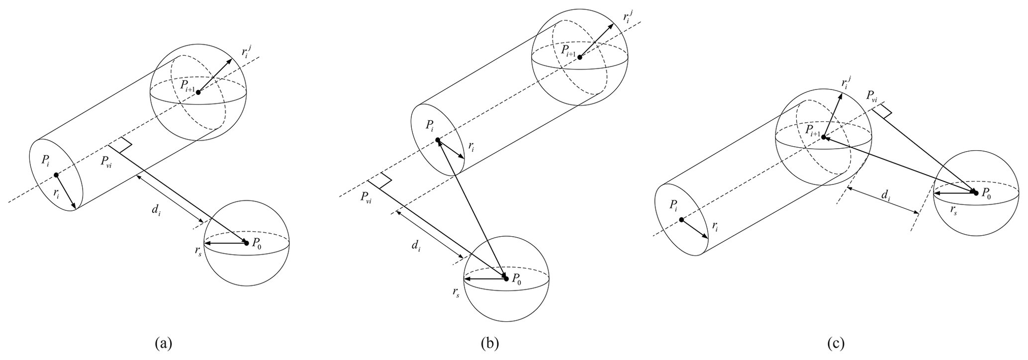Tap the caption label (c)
click(x=836, y=343)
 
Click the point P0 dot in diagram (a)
click(x=247, y=243)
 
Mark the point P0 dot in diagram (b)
click(x=506, y=278)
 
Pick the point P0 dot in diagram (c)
click(x=975, y=192)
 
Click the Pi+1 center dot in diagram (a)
click(x=198, y=92)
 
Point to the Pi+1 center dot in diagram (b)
click(x=579, y=57)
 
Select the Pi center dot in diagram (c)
click(x=681, y=220)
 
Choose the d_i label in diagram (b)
click(x=416, y=245)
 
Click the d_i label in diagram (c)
click(x=886, y=197)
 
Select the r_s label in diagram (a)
click(x=198, y=250)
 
